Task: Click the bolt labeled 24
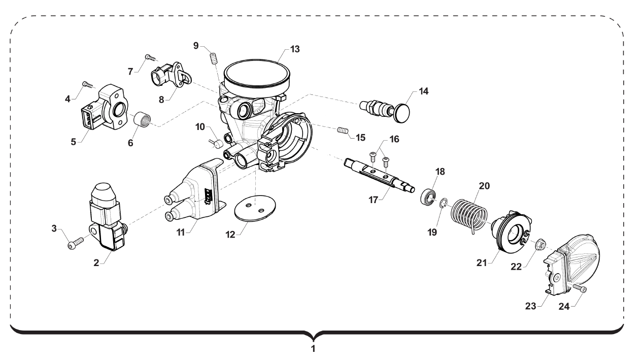tap(581, 289)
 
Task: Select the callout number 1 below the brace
tap(313, 349)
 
